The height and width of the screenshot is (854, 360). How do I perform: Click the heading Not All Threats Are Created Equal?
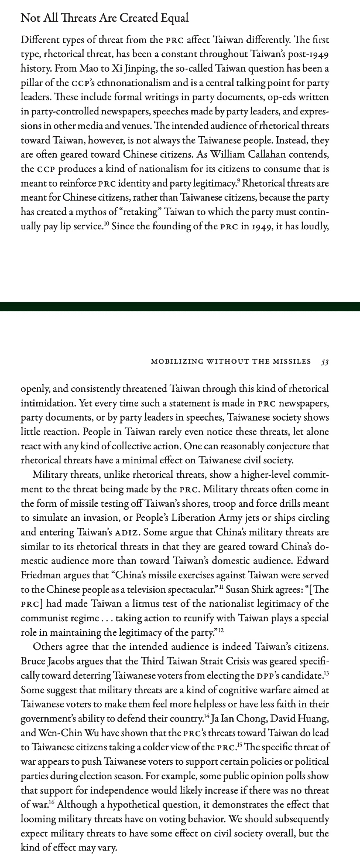[105, 18]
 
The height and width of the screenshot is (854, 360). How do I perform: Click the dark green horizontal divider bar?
[180, 306]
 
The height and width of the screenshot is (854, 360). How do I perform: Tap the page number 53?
[325, 362]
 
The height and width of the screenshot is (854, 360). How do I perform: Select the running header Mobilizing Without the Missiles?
[231, 362]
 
